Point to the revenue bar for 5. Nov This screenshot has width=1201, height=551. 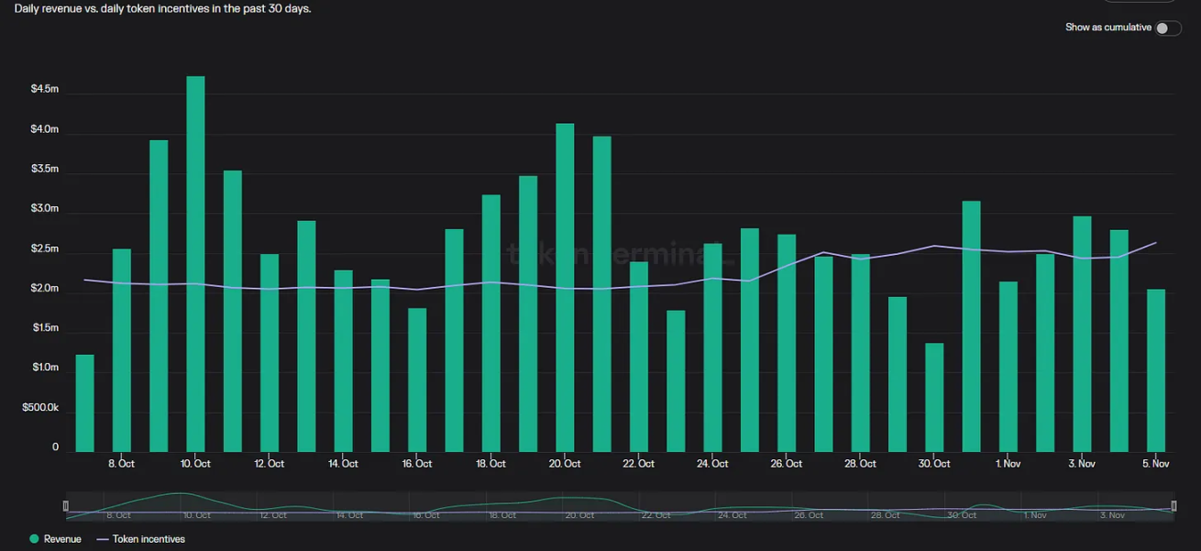pos(1156,370)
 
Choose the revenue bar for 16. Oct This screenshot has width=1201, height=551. pos(417,380)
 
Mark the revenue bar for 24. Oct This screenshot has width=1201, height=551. pos(712,347)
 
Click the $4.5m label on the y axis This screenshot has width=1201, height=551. pos(44,89)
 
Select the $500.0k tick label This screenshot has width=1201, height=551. pos(40,408)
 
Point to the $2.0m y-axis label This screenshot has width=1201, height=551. pos(44,289)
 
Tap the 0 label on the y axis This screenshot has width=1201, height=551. pos(55,447)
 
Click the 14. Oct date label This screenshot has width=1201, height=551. pos(343,464)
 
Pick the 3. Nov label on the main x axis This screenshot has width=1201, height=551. pos(1082,464)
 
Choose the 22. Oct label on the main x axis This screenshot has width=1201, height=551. pos(639,464)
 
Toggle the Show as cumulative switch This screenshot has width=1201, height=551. pos(1167,28)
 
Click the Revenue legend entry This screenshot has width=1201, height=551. pos(56,539)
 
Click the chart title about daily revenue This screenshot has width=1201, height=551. pos(163,8)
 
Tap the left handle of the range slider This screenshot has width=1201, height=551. pos(65,506)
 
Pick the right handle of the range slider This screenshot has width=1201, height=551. pos(1174,506)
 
